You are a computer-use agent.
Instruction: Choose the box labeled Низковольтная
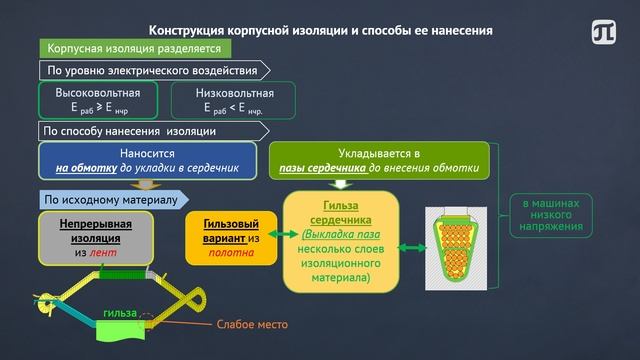point(236,101)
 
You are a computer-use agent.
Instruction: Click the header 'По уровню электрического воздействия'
point(154,71)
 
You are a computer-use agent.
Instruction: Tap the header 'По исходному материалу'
point(111,200)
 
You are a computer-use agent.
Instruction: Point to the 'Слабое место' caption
point(253,324)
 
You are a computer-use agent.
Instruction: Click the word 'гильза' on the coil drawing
point(119,314)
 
